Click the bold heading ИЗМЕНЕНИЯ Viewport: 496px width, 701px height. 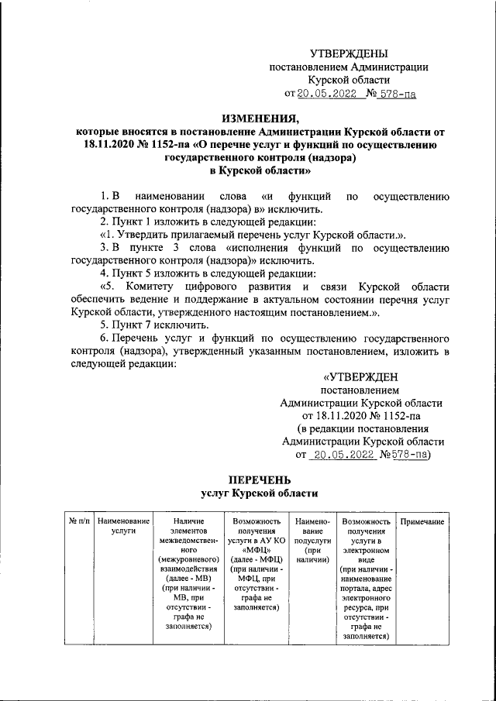[260, 119]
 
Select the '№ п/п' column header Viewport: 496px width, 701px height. [79, 522]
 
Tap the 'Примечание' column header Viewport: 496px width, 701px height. [422, 522]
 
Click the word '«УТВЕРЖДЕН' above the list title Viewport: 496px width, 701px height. [362, 377]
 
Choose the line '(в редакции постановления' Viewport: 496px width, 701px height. [362, 429]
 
